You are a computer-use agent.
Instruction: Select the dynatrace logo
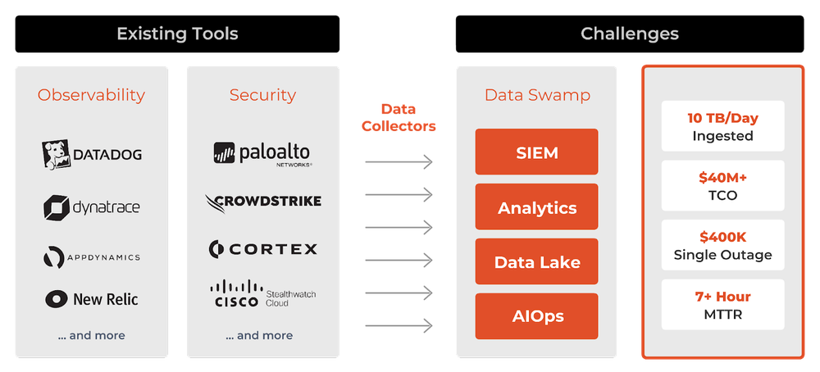coord(91,207)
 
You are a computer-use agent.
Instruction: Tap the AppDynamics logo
coord(91,257)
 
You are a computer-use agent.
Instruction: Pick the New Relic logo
coord(91,299)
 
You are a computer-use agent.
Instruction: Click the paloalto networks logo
coord(262,154)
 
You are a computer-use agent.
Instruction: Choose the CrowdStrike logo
coord(262,202)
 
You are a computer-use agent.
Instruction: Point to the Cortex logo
coord(262,248)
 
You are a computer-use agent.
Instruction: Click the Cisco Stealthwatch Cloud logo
coord(262,294)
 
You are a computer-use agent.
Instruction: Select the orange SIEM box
coord(537,152)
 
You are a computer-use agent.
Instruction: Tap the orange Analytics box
coord(537,207)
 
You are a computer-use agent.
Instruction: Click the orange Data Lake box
coord(537,262)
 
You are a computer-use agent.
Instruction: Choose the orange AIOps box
coord(537,316)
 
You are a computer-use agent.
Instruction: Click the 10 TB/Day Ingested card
coord(722,126)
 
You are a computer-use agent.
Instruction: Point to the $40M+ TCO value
coord(722,177)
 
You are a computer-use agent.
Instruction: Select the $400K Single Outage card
coord(722,245)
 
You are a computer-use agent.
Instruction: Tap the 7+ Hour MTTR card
coord(722,304)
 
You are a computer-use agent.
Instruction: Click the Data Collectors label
coord(399,117)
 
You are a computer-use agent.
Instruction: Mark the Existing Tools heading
coord(177,34)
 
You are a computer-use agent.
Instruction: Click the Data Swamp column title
coord(537,95)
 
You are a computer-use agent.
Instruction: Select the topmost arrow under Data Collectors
coord(399,162)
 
